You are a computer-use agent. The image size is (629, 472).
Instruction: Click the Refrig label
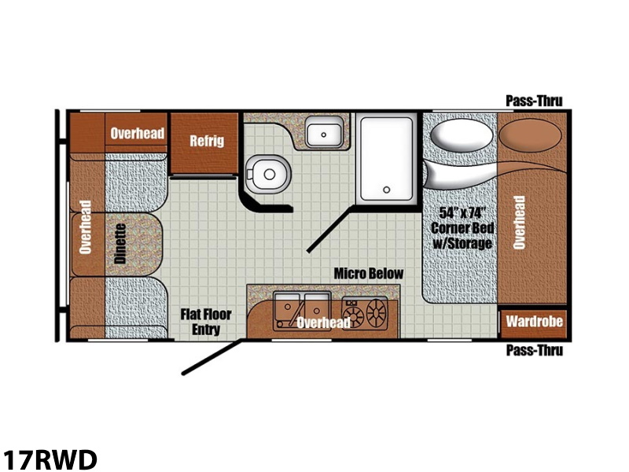[207, 141]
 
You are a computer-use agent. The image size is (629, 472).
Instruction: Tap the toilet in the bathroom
[267, 175]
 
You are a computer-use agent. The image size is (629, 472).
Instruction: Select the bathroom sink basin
[324, 131]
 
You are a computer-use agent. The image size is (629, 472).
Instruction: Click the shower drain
[386, 190]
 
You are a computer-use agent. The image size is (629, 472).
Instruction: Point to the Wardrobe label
[534, 322]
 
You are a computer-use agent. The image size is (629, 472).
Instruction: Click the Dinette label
[120, 244]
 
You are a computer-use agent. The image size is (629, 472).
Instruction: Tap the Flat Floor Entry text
[206, 322]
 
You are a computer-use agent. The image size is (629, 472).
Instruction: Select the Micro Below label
[369, 274]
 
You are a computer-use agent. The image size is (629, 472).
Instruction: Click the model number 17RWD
[50, 459]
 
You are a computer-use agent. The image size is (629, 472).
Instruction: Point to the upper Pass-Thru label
[534, 101]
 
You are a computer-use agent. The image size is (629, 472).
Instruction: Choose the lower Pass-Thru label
[535, 350]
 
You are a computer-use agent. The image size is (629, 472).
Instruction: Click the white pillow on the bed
[462, 135]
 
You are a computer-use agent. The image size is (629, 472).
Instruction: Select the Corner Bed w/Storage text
[462, 228]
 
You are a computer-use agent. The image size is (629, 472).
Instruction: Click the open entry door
[212, 357]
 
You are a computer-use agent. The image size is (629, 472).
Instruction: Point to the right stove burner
[376, 312]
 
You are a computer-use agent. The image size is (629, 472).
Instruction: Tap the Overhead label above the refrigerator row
[137, 133]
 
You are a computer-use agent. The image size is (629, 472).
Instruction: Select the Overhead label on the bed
[519, 223]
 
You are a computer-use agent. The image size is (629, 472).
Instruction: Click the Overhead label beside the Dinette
[86, 227]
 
